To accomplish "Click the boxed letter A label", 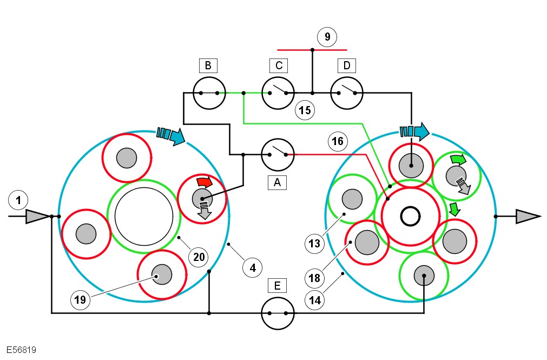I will pyautogui.click(x=278, y=183).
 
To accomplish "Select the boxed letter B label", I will pyautogui.click(x=208, y=66).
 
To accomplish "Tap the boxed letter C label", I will pyautogui.click(x=278, y=66).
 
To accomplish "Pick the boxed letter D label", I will pyautogui.click(x=346, y=66).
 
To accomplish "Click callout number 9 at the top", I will pyautogui.click(x=326, y=37).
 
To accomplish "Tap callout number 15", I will pyautogui.click(x=305, y=110).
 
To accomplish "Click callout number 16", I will pyautogui.click(x=337, y=142).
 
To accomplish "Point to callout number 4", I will pyautogui.click(x=252, y=266).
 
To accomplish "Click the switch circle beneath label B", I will pyautogui.click(x=209, y=93).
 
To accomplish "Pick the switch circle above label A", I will pyautogui.click(x=278, y=154).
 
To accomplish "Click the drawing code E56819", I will pyautogui.click(x=22, y=350).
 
